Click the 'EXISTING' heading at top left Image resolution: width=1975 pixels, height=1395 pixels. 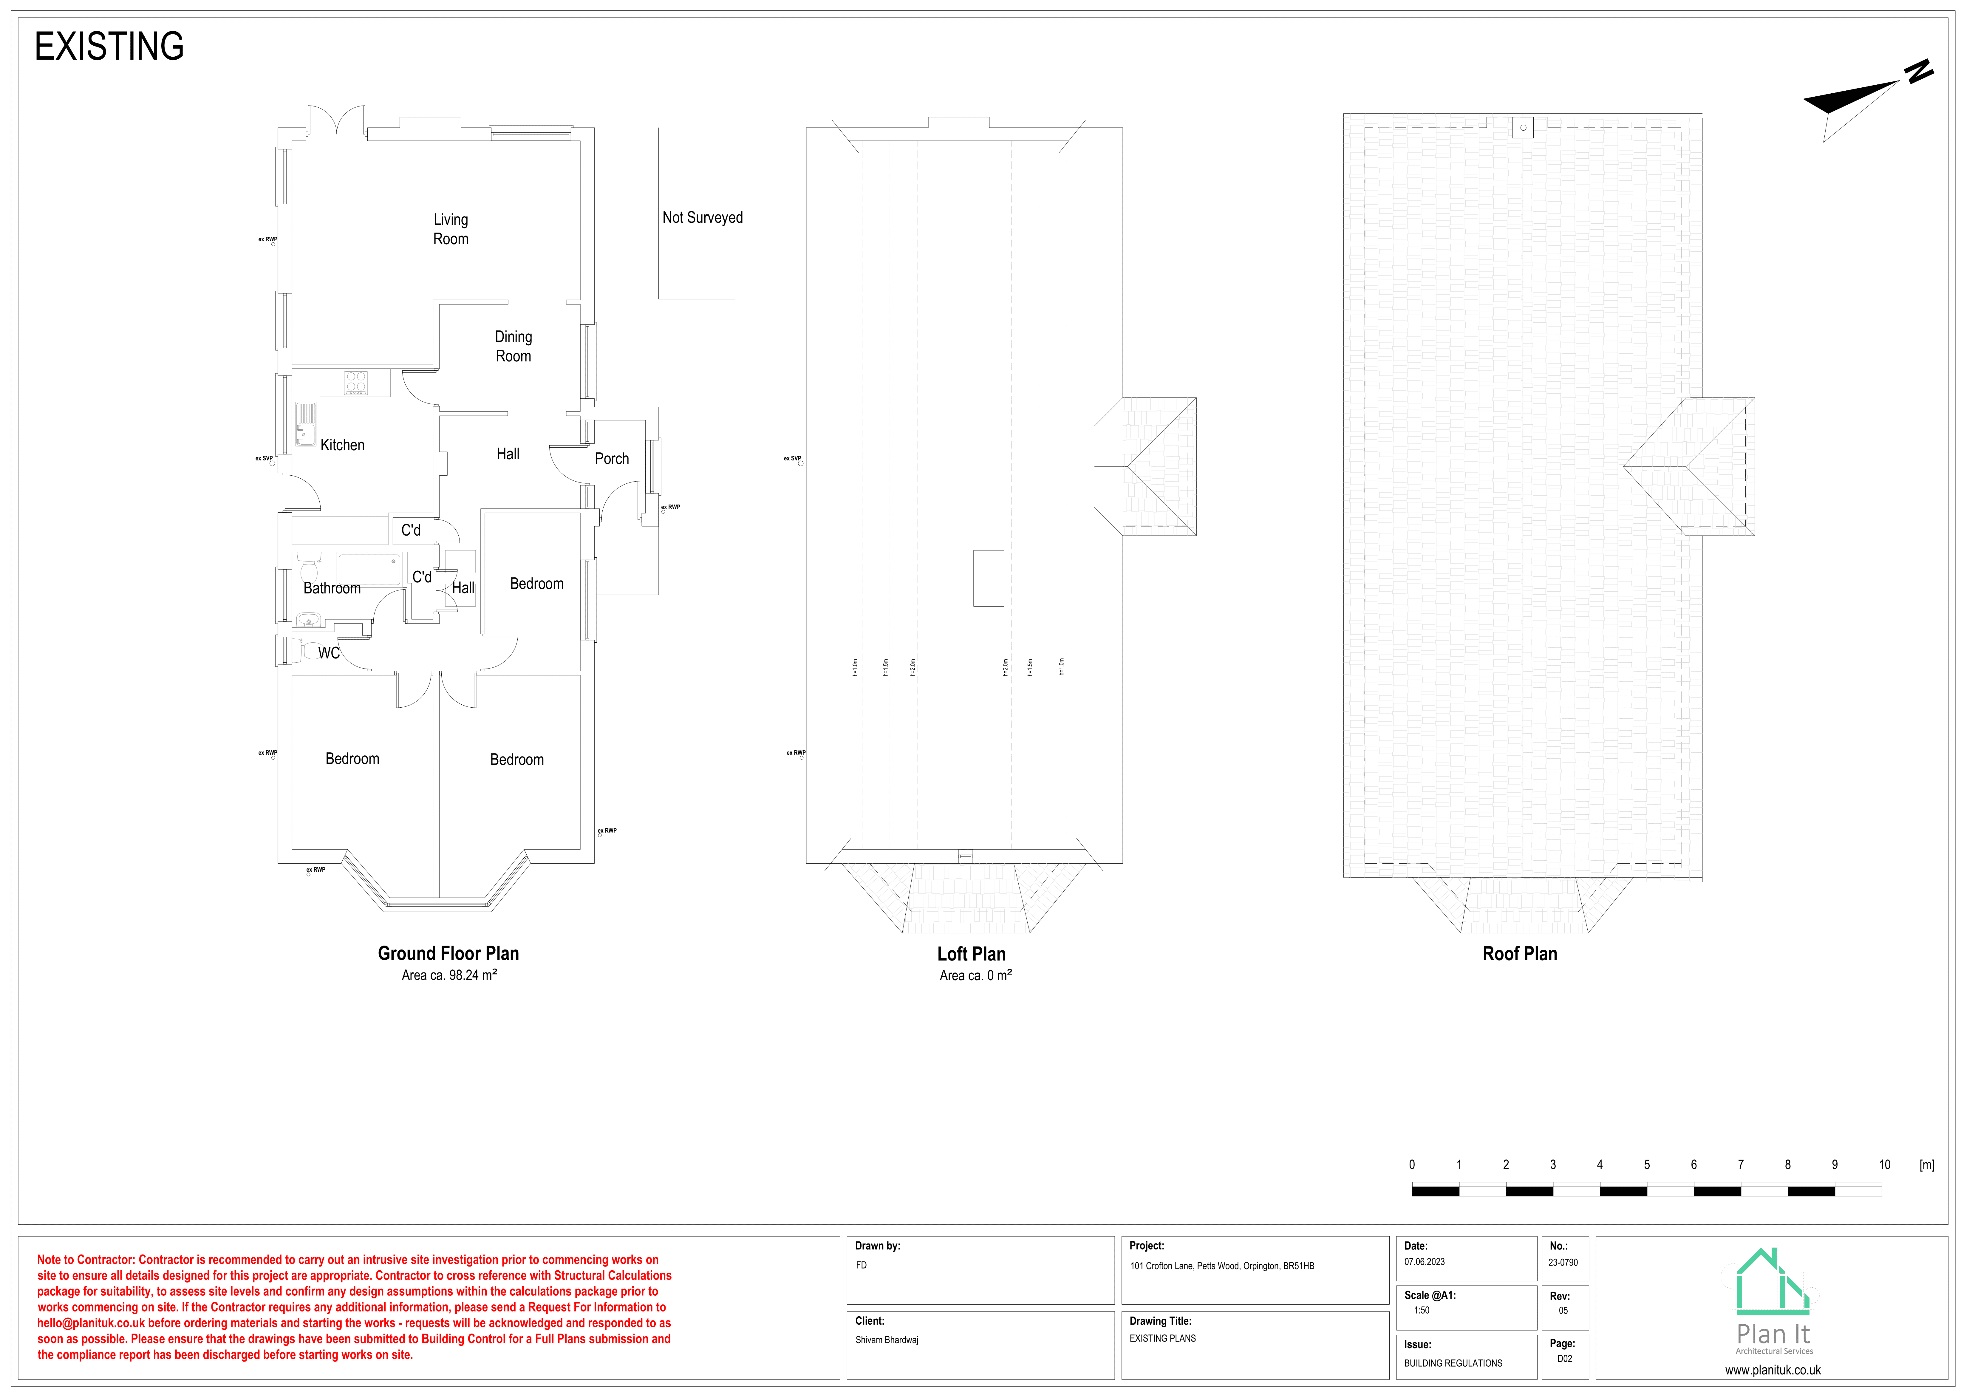pyautogui.click(x=109, y=47)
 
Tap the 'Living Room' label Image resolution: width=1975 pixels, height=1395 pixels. pyautogui.click(x=451, y=230)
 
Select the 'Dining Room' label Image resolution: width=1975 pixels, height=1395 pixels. pyautogui.click(x=514, y=347)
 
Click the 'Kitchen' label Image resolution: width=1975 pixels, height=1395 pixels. pyautogui.click(x=342, y=446)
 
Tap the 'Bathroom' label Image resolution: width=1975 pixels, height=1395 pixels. pyautogui.click(x=332, y=588)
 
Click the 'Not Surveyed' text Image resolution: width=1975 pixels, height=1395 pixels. pyautogui.click(x=702, y=218)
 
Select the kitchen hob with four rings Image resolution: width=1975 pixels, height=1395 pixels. pyautogui.click(x=356, y=383)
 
